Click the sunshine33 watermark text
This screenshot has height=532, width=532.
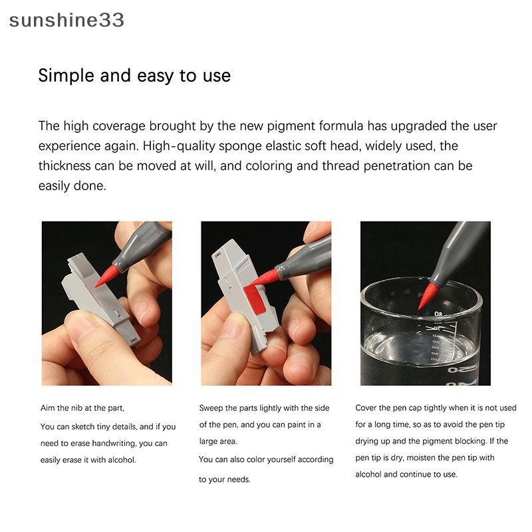66,20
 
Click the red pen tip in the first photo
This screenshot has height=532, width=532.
106,275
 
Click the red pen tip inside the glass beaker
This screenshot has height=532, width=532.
428,294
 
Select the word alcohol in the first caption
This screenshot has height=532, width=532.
122,460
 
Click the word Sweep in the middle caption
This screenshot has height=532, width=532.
210,408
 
